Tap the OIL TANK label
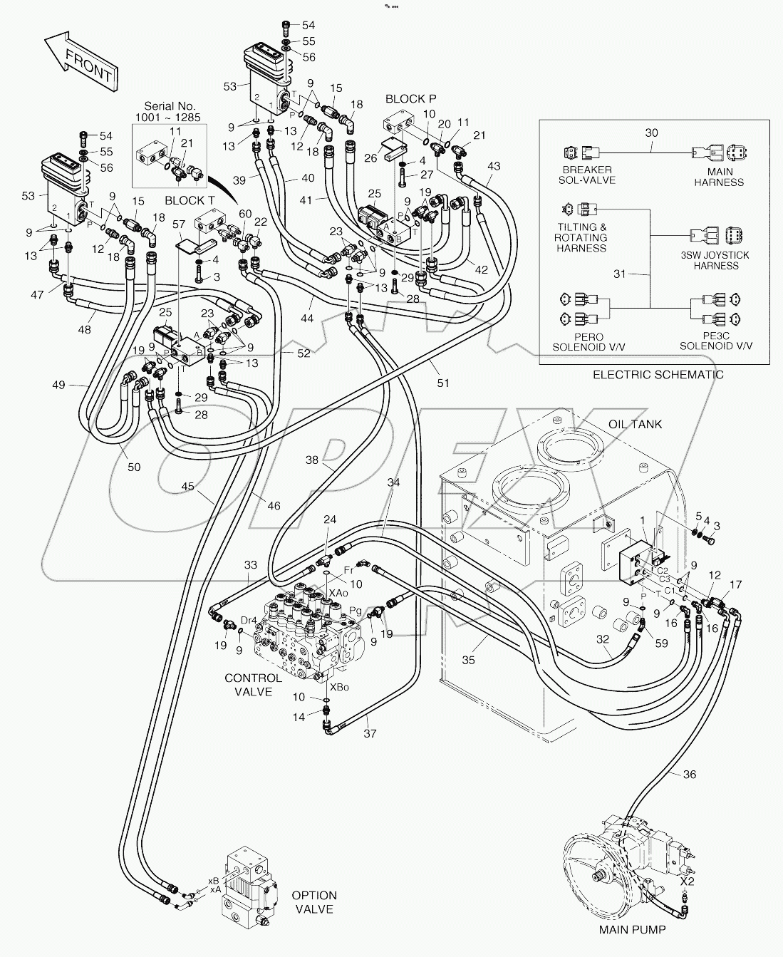[x=635, y=424]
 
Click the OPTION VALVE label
[x=314, y=902]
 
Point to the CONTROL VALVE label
[x=249, y=685]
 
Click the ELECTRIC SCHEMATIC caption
[x=658, y=375]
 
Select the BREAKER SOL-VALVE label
[x=586, y=175]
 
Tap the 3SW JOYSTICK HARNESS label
[x=715, y=260]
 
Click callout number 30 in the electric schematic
[x=651, y=133]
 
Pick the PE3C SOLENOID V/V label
[x=715, y=341]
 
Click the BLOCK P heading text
[x=410, y=99]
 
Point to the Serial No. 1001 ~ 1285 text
[x=168, y=110]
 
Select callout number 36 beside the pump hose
[x=688, y=775]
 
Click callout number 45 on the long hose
[x=187, y=487]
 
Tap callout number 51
[x=443, y=383]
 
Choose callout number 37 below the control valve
[x=369, y=733]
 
